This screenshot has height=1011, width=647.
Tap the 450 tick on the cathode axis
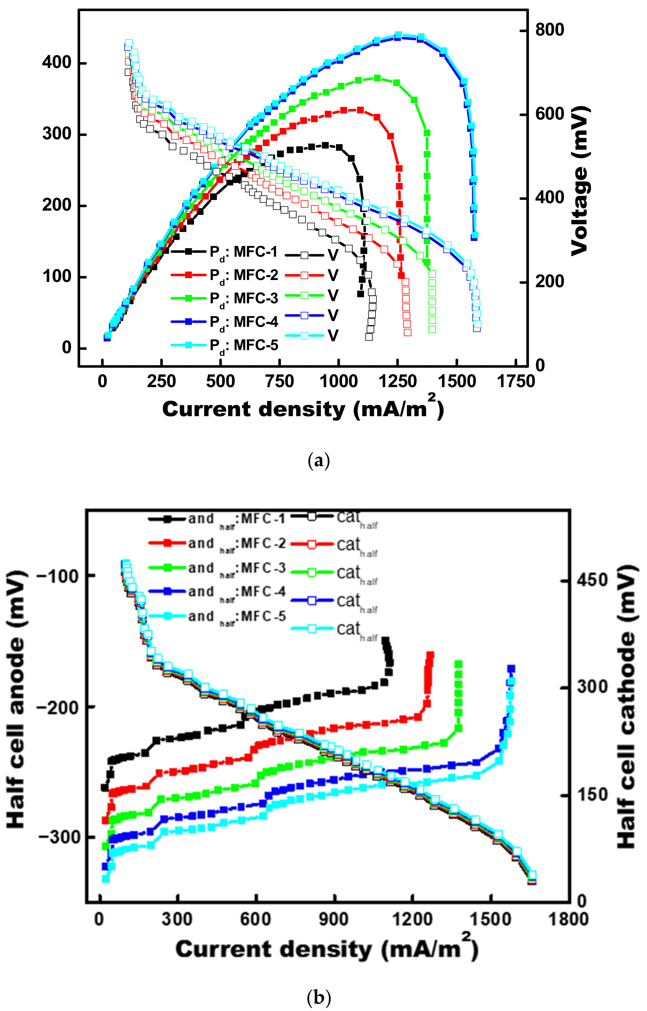[x=592, y=580]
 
